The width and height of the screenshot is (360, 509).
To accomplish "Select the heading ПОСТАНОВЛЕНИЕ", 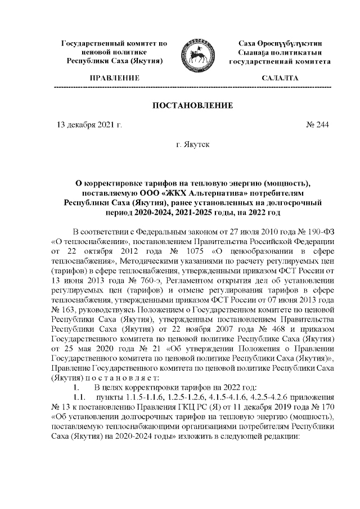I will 193,105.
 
